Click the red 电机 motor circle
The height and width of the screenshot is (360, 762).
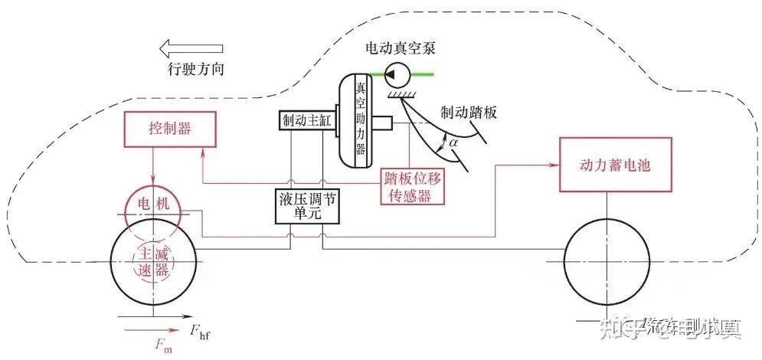point(152,207)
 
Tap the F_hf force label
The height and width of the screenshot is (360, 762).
point(201,332)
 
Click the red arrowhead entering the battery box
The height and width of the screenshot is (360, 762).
point(553,164)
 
